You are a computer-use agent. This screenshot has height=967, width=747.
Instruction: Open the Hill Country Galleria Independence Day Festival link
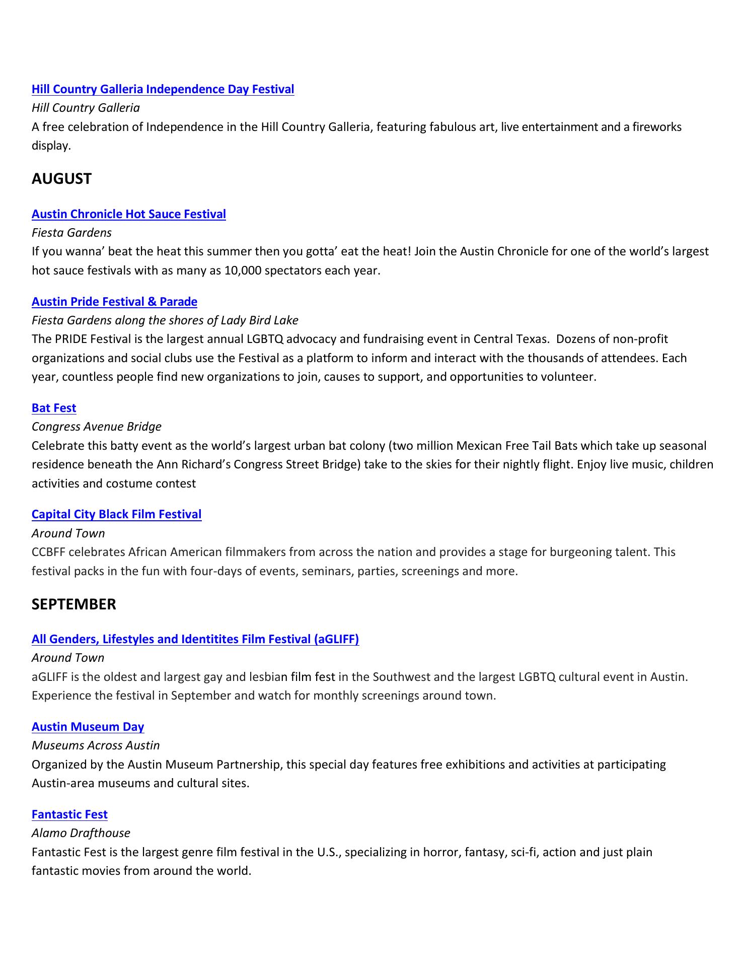[163, 89]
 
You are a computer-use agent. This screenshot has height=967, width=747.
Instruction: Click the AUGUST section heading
[61, 179]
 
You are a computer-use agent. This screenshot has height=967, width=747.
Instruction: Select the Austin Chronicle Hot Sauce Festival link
[128, 214]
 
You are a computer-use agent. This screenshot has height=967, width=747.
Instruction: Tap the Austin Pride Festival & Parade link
[114, 302]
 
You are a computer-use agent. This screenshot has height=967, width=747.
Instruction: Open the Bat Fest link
[54, 408]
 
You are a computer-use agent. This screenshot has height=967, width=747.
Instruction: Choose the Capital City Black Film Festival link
[116, 514]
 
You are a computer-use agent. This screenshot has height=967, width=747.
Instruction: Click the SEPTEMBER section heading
[73, 604]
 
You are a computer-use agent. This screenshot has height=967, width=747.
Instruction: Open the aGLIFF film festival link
[195, 639]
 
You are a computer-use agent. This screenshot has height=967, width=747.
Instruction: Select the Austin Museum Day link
[88, 727]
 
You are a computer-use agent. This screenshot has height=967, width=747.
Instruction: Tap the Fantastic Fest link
[69, 814]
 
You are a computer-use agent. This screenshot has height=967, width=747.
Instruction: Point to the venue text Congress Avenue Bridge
[97, 427]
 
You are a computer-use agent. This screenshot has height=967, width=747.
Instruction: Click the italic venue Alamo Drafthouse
[81, 833]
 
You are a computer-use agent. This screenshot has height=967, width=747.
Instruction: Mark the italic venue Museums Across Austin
[96, 745]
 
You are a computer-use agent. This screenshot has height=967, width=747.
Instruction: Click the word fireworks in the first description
[657, 127]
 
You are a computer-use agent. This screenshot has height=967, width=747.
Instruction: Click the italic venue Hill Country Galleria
[86, 108]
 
